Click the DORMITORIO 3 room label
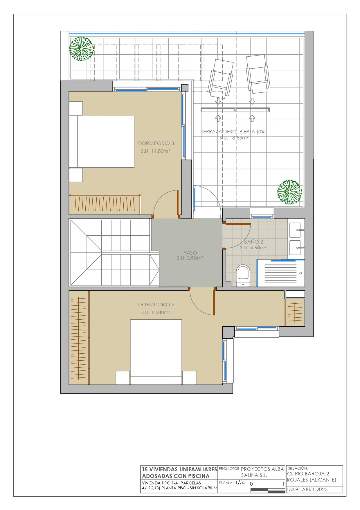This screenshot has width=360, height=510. [x=156, y=143]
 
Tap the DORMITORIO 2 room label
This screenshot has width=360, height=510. [x=156, y=305]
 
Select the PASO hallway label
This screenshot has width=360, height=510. [x=190, y=253]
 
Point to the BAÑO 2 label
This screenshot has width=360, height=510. [x=253, y=242]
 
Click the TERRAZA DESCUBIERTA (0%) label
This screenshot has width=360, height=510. [x=234, y=132]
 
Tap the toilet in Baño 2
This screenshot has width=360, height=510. [x=243, y=275]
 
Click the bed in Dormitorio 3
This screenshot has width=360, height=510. [x=102, y=142]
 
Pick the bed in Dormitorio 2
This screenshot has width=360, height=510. [x=156, y=352]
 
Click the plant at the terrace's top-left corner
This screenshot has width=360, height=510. [x=82, y=49]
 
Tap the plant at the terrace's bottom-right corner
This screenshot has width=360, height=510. [x=289, y=192]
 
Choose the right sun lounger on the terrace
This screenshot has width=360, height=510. [x=258, y=74]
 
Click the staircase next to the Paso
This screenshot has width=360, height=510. [x=114, y=252]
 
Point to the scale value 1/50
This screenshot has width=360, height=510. [x=240, y=483]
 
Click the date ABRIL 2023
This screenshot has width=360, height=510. [x=315, y=489]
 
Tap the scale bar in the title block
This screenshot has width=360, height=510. [x=268, y=490]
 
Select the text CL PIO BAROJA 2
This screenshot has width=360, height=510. [x=308, y=474]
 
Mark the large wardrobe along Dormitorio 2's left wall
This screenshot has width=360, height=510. [x=79, y=337]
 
